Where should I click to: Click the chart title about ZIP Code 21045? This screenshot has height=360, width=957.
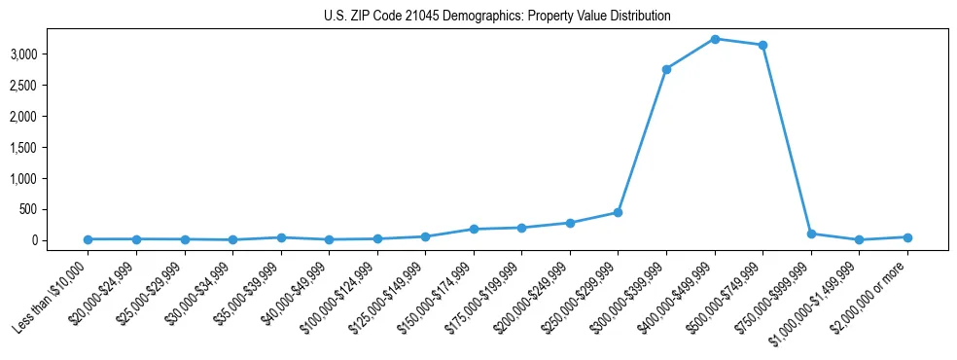point(497,17)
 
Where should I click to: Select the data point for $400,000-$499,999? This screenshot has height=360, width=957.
point(715,39)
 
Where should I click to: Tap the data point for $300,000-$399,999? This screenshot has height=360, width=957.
point(666,69)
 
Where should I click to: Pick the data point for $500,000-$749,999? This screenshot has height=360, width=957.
point(762,45)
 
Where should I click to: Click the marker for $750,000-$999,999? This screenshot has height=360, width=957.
point(811,234)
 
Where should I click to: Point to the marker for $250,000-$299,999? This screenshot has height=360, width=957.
point(618,212)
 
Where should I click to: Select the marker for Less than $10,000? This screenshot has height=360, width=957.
point(89,239)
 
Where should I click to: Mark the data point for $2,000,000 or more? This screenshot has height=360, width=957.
point(907,237)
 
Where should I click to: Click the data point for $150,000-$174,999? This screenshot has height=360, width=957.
point(474,229)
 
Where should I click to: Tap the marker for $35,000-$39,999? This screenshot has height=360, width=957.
point(281,237)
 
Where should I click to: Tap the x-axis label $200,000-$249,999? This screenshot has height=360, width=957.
point(531,297)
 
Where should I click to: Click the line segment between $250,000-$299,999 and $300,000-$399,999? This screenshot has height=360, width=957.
point(642,141)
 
